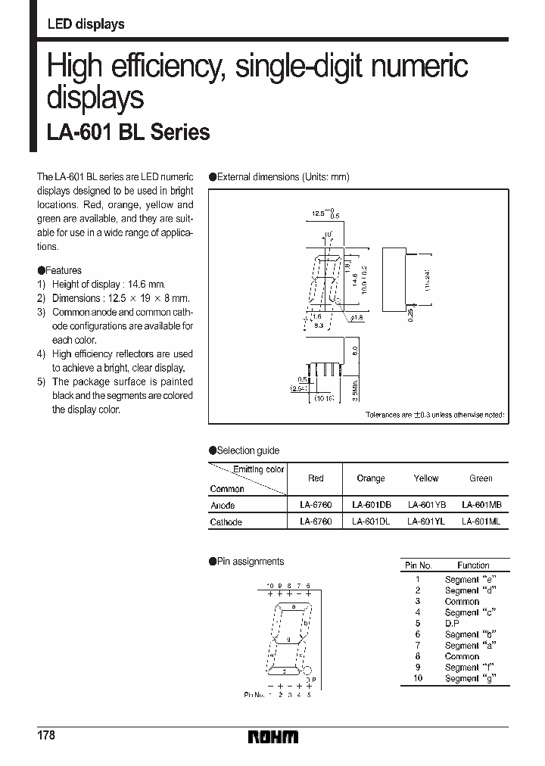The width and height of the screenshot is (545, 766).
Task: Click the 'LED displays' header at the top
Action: pyautogui.click(x=86, y=24)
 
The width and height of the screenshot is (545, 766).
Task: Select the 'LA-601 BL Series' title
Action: pyautogui.click(x=128, y=132)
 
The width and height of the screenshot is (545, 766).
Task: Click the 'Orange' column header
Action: pyautogui.click(x=370, y=478)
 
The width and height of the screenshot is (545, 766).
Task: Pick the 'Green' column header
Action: pyautogui.click(x=481, y=478)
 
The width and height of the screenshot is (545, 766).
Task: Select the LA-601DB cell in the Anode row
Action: pyautogui.click(x=371, y=505)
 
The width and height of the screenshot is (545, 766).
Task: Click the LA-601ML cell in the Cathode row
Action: pyautogui.click(x=481, y=522)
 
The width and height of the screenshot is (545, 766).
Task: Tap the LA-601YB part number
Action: pyautogui.click(x=426, y=505)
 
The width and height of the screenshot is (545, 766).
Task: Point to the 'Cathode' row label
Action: pyautogui.click(x=226, y=522)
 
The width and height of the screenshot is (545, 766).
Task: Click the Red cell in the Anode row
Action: pyautogui.click(x=316, y=505)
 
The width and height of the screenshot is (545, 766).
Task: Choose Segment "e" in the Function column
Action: pyautogui.click(x=462, y=579)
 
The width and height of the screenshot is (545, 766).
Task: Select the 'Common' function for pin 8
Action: pyautogui.click(x=462, y=656)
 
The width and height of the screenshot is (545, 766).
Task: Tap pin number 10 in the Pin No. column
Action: pyautogui.click(x=417, y=678)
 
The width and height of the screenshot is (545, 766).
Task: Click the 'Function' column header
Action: pyautogui.click(x=473, y=565)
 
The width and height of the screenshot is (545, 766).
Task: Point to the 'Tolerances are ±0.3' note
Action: pyautogui.click(x=434, y=416)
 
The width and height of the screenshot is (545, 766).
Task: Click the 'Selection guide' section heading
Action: pyautogui.click(x=248, y=450)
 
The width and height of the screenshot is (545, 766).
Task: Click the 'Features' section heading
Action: pyautogui.click(x=63, y=270)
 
